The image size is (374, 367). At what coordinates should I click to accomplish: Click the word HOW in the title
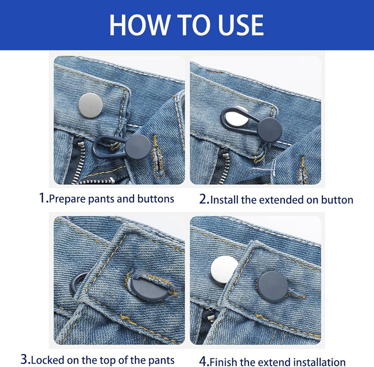pyautogui.click(x=139, y=25)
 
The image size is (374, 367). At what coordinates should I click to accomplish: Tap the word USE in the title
pyautogui.click(x=240, y=25)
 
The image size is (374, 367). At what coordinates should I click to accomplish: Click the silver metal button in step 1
pyautogui.click(x=91, y=105)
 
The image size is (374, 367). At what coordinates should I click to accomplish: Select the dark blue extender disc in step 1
pyautogui.click(x=138, y=148)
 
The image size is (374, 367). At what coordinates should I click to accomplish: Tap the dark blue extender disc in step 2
pyautogui.click(x=270, y=130)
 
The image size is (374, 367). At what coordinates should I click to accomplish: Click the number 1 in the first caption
pyautogui.click(x=43, y=198)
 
